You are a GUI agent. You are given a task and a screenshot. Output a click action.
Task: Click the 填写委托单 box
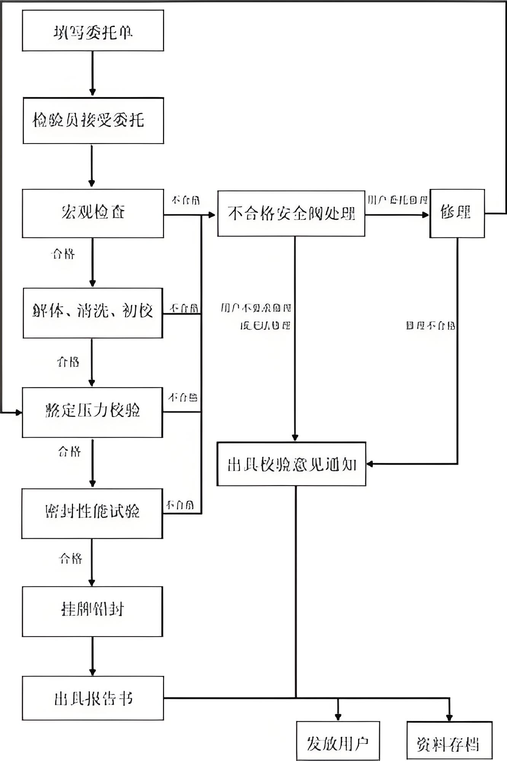(93, 31)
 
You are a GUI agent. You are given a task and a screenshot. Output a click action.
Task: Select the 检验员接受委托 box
(93, 121)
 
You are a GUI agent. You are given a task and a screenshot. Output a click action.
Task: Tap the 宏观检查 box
(93, 213)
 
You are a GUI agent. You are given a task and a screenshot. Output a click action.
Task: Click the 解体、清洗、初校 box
(93, 313)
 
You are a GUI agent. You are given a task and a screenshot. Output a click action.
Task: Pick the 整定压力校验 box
(92, 412)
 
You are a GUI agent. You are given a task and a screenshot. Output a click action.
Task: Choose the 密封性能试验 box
(92, 513)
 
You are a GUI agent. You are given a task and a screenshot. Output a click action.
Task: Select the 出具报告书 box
(93, 698)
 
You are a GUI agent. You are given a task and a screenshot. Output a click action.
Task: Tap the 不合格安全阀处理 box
(291, 213)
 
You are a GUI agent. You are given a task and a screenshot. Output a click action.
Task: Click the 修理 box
(457, 213)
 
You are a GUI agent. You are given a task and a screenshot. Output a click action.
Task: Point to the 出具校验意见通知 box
(291, 464)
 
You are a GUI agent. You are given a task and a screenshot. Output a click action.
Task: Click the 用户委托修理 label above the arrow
(397, 200)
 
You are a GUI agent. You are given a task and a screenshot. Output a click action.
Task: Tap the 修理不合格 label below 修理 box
(430, 326)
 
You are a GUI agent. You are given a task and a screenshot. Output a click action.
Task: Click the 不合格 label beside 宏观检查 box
(186, 200)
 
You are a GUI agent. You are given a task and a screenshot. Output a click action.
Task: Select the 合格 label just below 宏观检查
(63, 254)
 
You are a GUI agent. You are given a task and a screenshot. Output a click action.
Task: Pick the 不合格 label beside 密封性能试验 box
(180, 505)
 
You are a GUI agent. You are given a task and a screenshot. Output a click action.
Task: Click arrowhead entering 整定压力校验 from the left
(19, 412)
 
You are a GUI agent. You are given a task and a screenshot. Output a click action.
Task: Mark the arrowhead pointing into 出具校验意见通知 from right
(370, 464)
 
